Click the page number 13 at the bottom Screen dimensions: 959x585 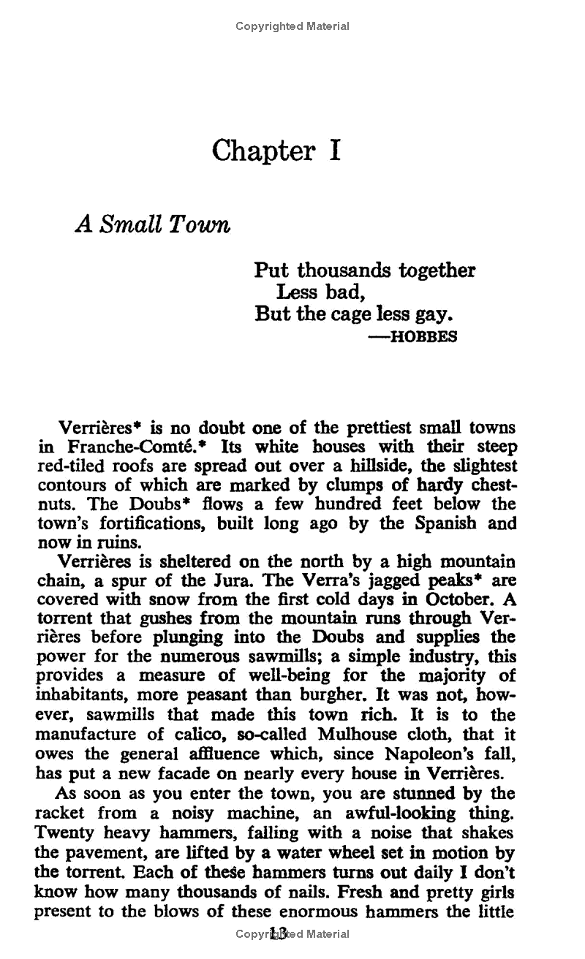279,933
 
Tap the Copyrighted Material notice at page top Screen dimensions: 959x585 292,26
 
